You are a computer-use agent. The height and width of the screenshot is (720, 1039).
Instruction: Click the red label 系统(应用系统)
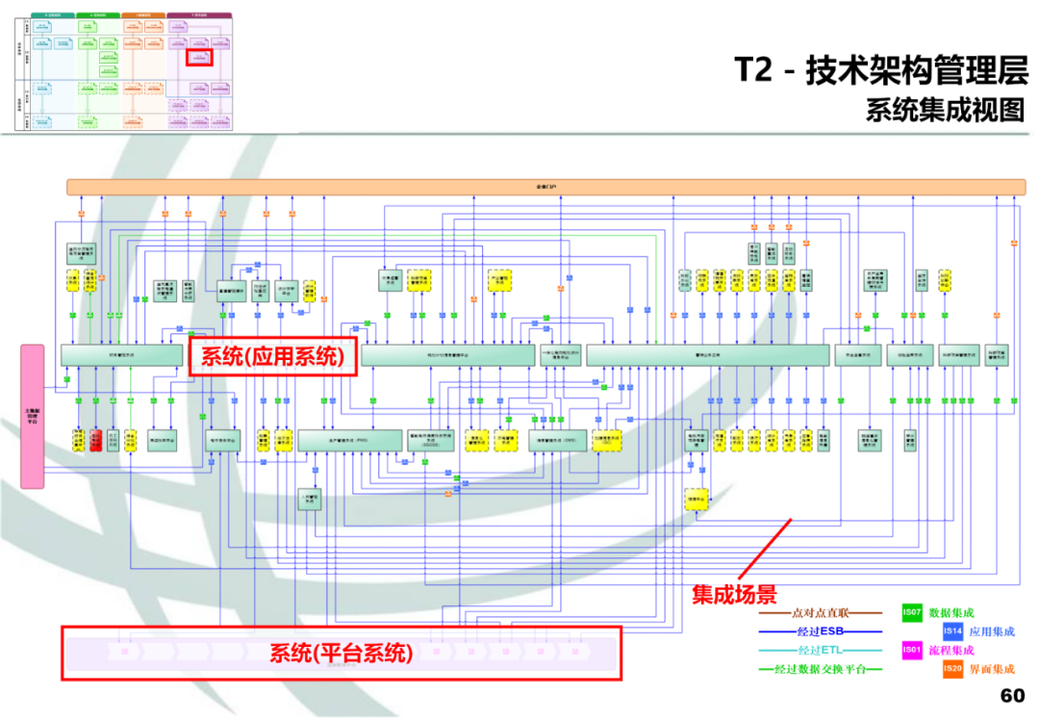pyautogui.click(x=272, y=357)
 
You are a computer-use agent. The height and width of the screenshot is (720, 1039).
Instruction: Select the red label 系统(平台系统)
pyautogui.click(x=342, y=654)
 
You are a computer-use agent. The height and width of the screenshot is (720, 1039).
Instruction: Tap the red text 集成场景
pyautogui.click(x=734, y=595)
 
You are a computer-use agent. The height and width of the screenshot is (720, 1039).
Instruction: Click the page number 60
pyautogui.click(x=1012, y=696)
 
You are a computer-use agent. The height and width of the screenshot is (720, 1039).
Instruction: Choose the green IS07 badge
pyautogui.click(x=912, y=612)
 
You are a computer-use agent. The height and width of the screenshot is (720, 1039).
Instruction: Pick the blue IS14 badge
pyautogui.click(x=952, y=631)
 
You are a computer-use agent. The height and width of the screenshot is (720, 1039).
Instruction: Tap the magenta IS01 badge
pyautogui.click(x=912, y=651)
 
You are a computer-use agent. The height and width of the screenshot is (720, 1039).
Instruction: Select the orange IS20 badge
pyautogui.click(x=952, y=669)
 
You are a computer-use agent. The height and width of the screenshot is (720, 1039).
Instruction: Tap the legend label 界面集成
pyautogui.click(x=992, y=669)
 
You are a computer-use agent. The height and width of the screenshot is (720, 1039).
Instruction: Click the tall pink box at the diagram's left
pyautogui.click(x=33, y=416)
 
